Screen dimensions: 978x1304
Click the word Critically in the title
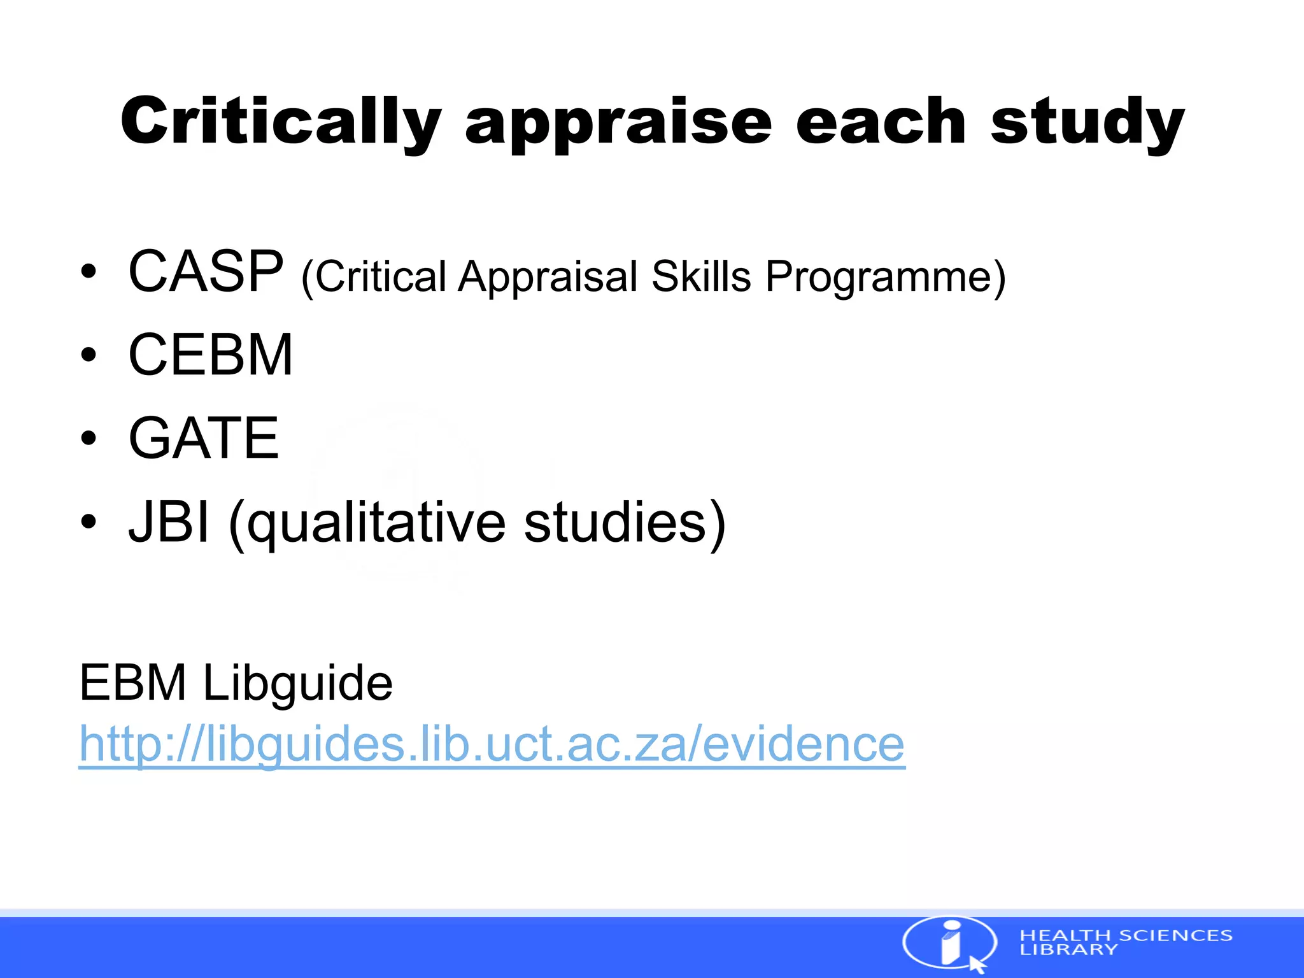280,122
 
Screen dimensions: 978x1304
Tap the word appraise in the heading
618,124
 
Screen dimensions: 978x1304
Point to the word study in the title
1087,124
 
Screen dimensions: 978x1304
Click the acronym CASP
206,272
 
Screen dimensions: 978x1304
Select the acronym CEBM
211,355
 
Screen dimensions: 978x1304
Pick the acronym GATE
204,438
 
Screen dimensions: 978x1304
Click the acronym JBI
169,522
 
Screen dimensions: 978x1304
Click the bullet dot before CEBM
89,355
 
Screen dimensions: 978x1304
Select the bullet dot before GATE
89,438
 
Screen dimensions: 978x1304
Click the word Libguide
297,683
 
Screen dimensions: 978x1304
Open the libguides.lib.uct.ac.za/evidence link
492,744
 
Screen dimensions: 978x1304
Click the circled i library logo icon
950,943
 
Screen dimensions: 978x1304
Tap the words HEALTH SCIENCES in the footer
1126,935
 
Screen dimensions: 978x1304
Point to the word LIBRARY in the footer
1068,949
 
